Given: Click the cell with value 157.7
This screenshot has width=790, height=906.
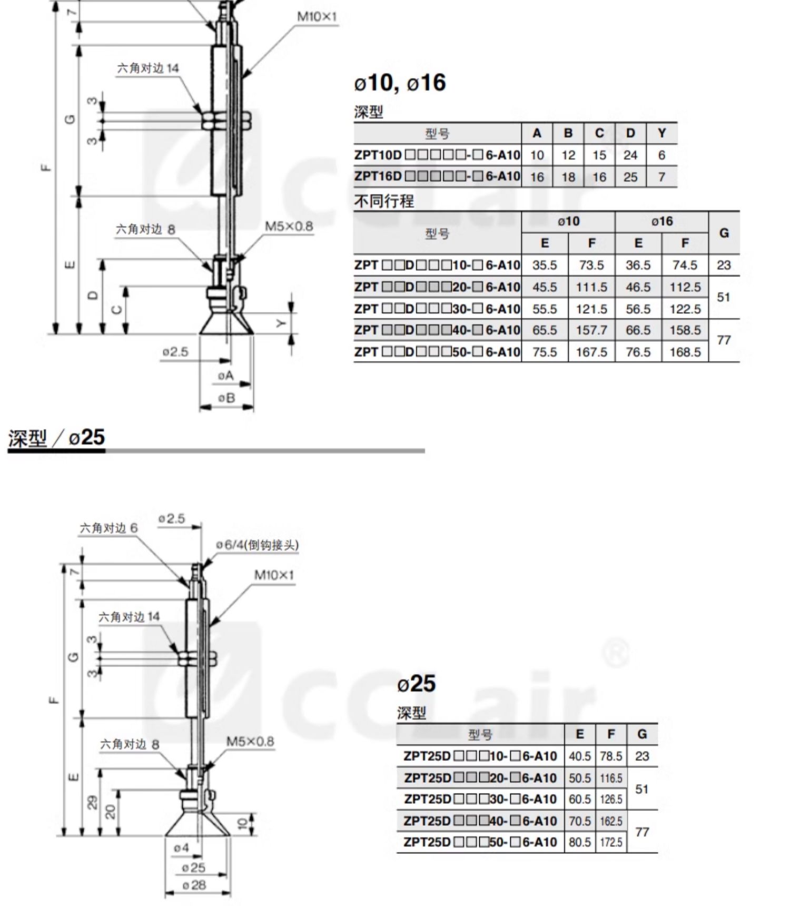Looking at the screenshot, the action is (591, 330).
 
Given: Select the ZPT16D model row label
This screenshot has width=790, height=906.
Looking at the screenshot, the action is (437, 176).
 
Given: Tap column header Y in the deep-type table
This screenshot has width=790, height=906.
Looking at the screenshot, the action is (661, 133).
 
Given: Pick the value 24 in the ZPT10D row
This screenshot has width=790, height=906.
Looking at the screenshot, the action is (630, 155).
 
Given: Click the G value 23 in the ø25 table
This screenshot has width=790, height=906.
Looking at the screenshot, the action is (642, 756).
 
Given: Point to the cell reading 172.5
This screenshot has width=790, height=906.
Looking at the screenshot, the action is (611, 842).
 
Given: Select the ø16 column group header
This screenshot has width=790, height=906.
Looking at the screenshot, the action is (661, 221).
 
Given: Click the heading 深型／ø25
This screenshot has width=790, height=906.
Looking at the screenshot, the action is (56, 437).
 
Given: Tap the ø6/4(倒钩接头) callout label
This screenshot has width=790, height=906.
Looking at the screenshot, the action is (257, 545).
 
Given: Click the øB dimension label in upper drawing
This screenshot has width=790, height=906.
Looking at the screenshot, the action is (226, 398).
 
